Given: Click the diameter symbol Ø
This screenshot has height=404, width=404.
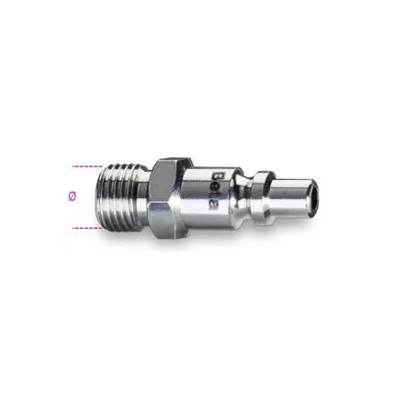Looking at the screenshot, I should point(73,196).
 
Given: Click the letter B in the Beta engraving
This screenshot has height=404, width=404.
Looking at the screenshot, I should point(216,171).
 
